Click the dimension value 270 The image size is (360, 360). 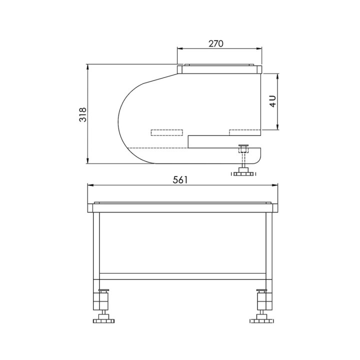(216, 43)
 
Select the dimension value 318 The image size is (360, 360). (82, 114)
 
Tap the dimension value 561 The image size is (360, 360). (180, 180)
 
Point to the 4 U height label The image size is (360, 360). (273, 101)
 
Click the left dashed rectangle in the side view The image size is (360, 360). (167, 132)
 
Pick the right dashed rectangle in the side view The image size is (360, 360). (245, 132)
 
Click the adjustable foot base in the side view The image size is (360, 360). (243, 174)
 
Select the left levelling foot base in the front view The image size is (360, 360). (103, 320)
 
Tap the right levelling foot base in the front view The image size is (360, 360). (261, 320)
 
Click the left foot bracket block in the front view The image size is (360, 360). (101, 301)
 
